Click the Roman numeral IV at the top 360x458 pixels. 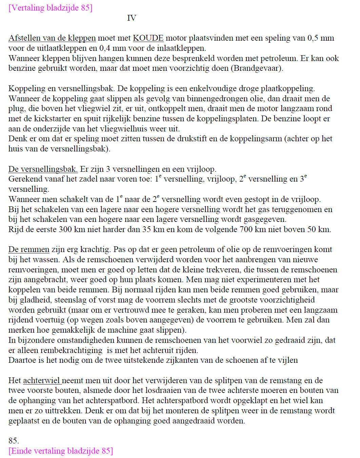(132, 18)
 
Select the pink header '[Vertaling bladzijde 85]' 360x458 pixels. (50, 8)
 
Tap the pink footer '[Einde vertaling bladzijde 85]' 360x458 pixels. (60, 451)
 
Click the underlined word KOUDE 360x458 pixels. (148, 38)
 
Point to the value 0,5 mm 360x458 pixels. (320, 38)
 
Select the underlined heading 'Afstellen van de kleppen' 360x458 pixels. (52, 38)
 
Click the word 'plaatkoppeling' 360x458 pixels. (287, 88)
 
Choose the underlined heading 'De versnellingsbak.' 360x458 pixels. (43, 169)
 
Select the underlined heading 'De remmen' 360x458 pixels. (29, 250)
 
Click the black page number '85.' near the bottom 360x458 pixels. (14, 441)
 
